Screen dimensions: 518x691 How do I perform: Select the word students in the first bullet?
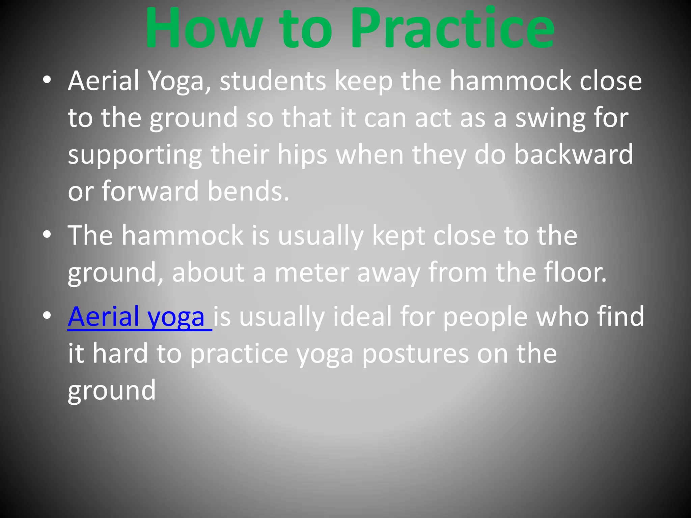273,82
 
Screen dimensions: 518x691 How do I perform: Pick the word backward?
574,154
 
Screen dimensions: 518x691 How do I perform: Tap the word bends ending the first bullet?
248,192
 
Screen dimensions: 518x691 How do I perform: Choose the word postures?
415,354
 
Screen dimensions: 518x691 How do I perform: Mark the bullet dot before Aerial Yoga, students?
47,80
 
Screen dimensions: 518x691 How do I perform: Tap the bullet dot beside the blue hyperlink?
47,315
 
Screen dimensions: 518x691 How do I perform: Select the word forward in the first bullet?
150,192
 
